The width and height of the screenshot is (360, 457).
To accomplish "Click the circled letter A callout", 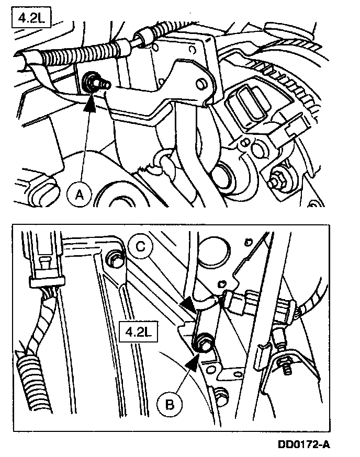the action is pyautogui.click(x=79, y=195).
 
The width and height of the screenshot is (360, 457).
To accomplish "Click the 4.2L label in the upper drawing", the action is pyautogui.click(x=27, y=20).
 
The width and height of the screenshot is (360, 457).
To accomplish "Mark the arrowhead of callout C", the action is pyautogui.click(x=189, y=303).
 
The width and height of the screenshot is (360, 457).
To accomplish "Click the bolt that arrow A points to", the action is pyautogui.click(x=93, y=82).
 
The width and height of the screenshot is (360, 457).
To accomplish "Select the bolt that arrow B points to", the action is pyautogui.click(x=203, y=345).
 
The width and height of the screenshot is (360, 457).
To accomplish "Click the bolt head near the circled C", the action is pyautogui.click(x=112, y=257).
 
